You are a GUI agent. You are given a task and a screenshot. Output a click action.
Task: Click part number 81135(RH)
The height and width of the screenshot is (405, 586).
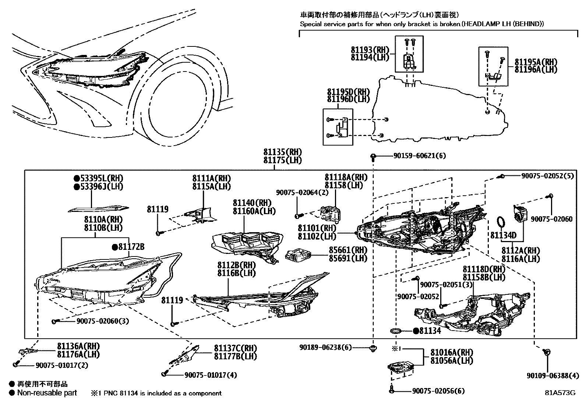(282, 152)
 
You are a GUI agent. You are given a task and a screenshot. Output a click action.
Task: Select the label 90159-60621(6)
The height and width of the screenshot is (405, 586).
(419, 156)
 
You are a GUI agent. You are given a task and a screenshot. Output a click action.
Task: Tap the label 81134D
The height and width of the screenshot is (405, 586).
(503, 235)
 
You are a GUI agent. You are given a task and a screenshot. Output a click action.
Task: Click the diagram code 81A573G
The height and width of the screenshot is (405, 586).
(560, 392)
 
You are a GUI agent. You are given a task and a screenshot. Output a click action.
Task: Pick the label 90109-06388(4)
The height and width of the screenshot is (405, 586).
(553, 376)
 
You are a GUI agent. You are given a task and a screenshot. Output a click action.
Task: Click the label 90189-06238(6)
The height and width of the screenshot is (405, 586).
(325, 347)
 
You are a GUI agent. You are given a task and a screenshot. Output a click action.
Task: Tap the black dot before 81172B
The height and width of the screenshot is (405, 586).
(115, 247)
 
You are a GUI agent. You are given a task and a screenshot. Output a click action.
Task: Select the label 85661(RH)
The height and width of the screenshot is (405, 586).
(348, 250)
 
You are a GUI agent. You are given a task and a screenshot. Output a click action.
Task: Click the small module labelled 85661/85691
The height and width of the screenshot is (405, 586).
(299, 254)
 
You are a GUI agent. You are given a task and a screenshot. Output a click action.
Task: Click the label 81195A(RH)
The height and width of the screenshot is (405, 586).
(536, 62)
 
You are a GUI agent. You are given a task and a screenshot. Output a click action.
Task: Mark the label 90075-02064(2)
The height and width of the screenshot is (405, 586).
(302, 192)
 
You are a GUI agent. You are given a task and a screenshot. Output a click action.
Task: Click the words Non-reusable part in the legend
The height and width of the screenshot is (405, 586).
(47, 393)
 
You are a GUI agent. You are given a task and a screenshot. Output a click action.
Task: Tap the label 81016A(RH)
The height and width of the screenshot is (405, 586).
(452, 352)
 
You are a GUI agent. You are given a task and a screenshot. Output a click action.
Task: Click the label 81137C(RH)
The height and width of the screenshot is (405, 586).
(236, 348)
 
